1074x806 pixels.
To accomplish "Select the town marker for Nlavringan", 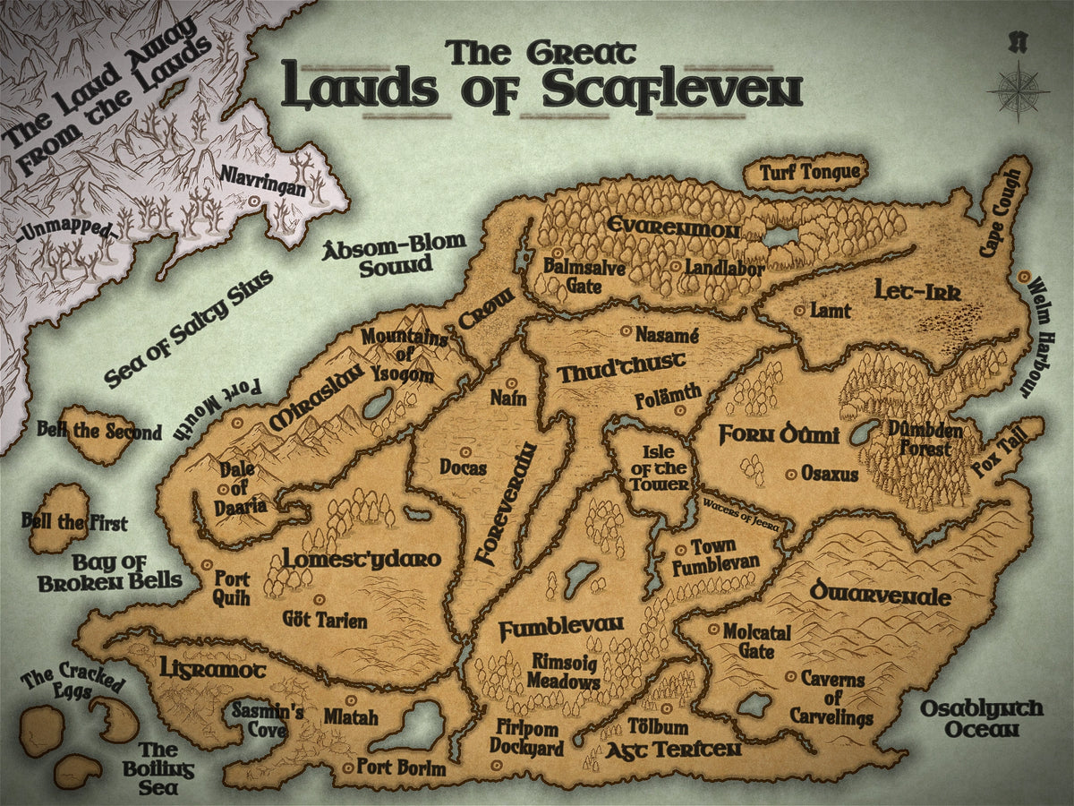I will click(253, 202).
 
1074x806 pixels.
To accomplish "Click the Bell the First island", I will click(59, 519).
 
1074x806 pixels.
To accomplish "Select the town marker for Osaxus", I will click(789, 473).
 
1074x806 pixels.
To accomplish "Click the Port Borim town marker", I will click(348, 767).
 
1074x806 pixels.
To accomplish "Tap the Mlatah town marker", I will click(350, 699).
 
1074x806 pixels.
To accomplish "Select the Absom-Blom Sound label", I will click(395, 254).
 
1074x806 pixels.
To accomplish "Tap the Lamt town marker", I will click(798, 310).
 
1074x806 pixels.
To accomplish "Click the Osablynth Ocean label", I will click(981, 718).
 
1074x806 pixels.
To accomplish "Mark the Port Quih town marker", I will click(208, 566).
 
